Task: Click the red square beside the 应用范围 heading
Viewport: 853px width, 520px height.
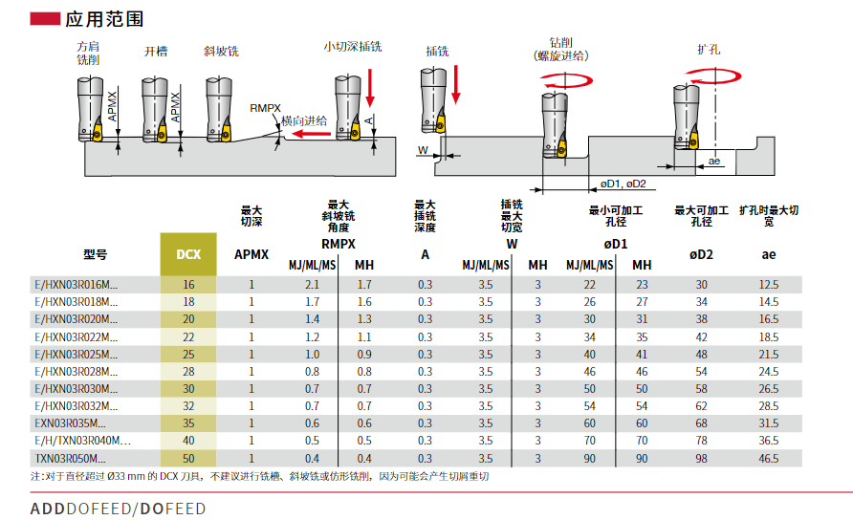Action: pyautogui.click(x=45, y=19)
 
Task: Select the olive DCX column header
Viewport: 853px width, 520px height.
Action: pyautogui.click(x=188, y=254)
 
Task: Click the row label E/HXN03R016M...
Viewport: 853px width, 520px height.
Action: pyautogui.click(x=77, y=285)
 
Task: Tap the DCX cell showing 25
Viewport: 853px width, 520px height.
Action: pyautogui.click(x=188, y=354)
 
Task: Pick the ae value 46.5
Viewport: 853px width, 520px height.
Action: pyautogui.click(x=769, y=459)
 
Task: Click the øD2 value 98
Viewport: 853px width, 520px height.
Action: pyautogui.click(x=701, y=459)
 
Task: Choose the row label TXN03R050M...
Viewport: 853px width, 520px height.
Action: pyautogui.click(x=70, y=459)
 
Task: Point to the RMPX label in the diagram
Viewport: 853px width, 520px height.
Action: pyautogui.click(x=265, y=108)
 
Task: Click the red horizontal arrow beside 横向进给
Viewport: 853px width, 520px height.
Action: pyautogui.click(x=309, y=134)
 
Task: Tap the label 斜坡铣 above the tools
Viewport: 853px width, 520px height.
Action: pyautogui.click(x=222, y=51)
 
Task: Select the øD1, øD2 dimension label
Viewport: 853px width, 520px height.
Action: pyautogui.click(x=623, y=184)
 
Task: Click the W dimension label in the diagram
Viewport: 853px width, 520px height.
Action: pyautogui.click(x=423, y=150)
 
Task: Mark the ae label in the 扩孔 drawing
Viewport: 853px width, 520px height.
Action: pyautogui.click(x=714, y=161)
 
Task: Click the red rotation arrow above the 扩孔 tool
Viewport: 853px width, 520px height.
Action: pyautogui.click(x=712, y=76)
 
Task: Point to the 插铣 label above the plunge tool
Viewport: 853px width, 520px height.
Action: pyautogui.click(x=437, y=51)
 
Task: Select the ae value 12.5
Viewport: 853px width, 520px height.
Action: pyautogui.click(x=769, y=285)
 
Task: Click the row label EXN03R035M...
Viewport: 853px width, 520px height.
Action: pyautogui.click(x=70, y=423)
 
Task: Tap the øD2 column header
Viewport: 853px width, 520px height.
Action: pyautogui.click(x=701, y=254)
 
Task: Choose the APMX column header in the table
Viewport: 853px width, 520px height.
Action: pyautogui.click(x=252, y=254)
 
